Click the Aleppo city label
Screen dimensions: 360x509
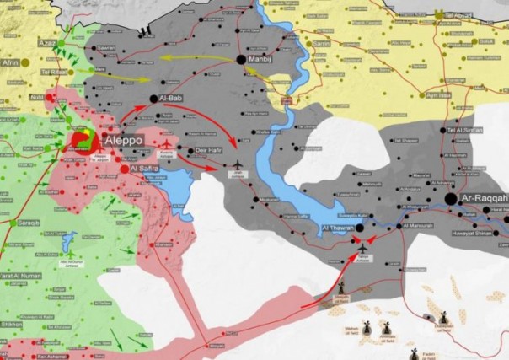click(x=123, y=140)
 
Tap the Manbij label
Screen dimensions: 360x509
click(x=263, y=60)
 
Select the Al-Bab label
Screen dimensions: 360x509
click(x=172, y=99)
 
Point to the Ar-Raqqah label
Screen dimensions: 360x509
click(x=484, y=199)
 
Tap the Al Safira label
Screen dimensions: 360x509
click(x=146, y=169)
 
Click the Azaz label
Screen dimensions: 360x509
click(x=46, y=41)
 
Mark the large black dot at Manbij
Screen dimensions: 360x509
click(x=241, y=60)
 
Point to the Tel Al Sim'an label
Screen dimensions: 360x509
click(x=465, y=129)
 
